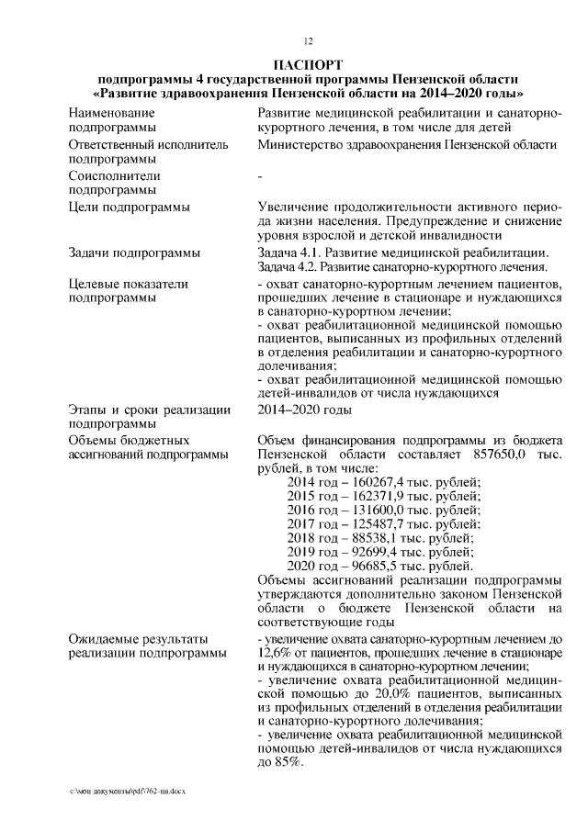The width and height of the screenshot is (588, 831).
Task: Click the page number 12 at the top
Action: click(x=309, y=41)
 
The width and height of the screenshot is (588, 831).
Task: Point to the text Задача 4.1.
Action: click(x=289, y=253)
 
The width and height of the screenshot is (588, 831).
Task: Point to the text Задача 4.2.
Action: click(x=289, y=267)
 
